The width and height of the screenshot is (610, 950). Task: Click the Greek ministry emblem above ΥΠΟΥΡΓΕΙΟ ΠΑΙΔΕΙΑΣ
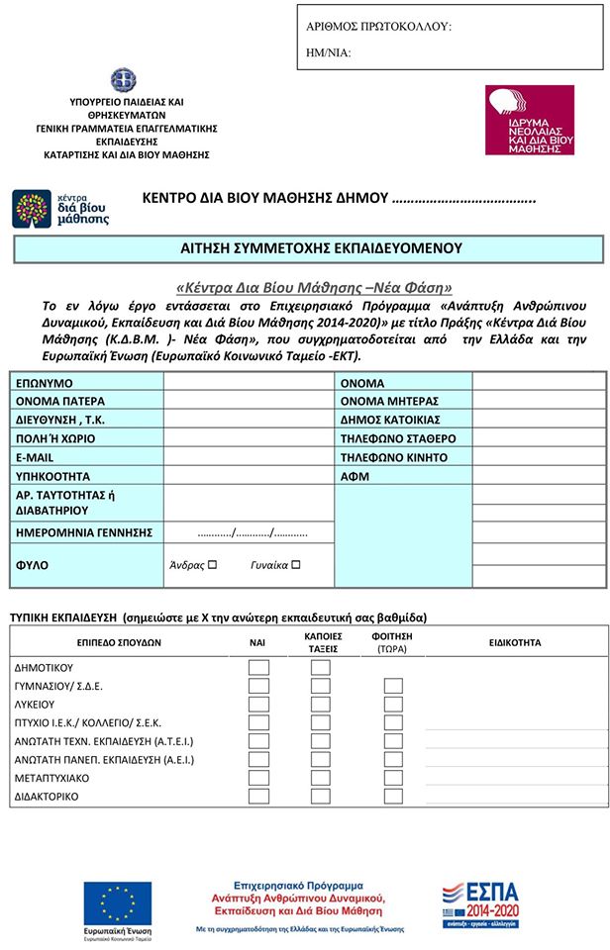pos(124,81)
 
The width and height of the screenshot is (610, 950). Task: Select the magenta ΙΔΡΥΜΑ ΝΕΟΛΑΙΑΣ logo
pos(529,120)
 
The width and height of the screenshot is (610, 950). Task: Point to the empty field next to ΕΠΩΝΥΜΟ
pos(250,383)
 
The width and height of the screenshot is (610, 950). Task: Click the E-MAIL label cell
pos(87,458)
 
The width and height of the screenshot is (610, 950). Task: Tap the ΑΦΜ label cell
pos(404,477)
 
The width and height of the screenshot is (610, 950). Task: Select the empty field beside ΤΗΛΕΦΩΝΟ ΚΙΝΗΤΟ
pos(538,458)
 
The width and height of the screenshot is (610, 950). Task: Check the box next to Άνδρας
pos(212,565)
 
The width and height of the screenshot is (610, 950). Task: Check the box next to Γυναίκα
pos(295,565)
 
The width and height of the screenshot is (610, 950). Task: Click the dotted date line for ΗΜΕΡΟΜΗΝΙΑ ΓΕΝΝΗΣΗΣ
pos(253,533)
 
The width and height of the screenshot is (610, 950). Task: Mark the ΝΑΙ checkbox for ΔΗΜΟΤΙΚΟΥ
pos(258,668)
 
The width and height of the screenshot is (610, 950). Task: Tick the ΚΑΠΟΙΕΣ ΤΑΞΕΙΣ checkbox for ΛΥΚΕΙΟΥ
pos(320,705)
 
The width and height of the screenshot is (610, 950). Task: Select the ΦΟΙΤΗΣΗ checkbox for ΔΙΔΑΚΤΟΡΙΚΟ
pos(394,797)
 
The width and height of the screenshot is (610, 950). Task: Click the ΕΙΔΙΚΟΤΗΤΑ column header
pos(515,642)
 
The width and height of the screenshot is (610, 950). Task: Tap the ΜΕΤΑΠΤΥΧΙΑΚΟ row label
pos(52,779)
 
